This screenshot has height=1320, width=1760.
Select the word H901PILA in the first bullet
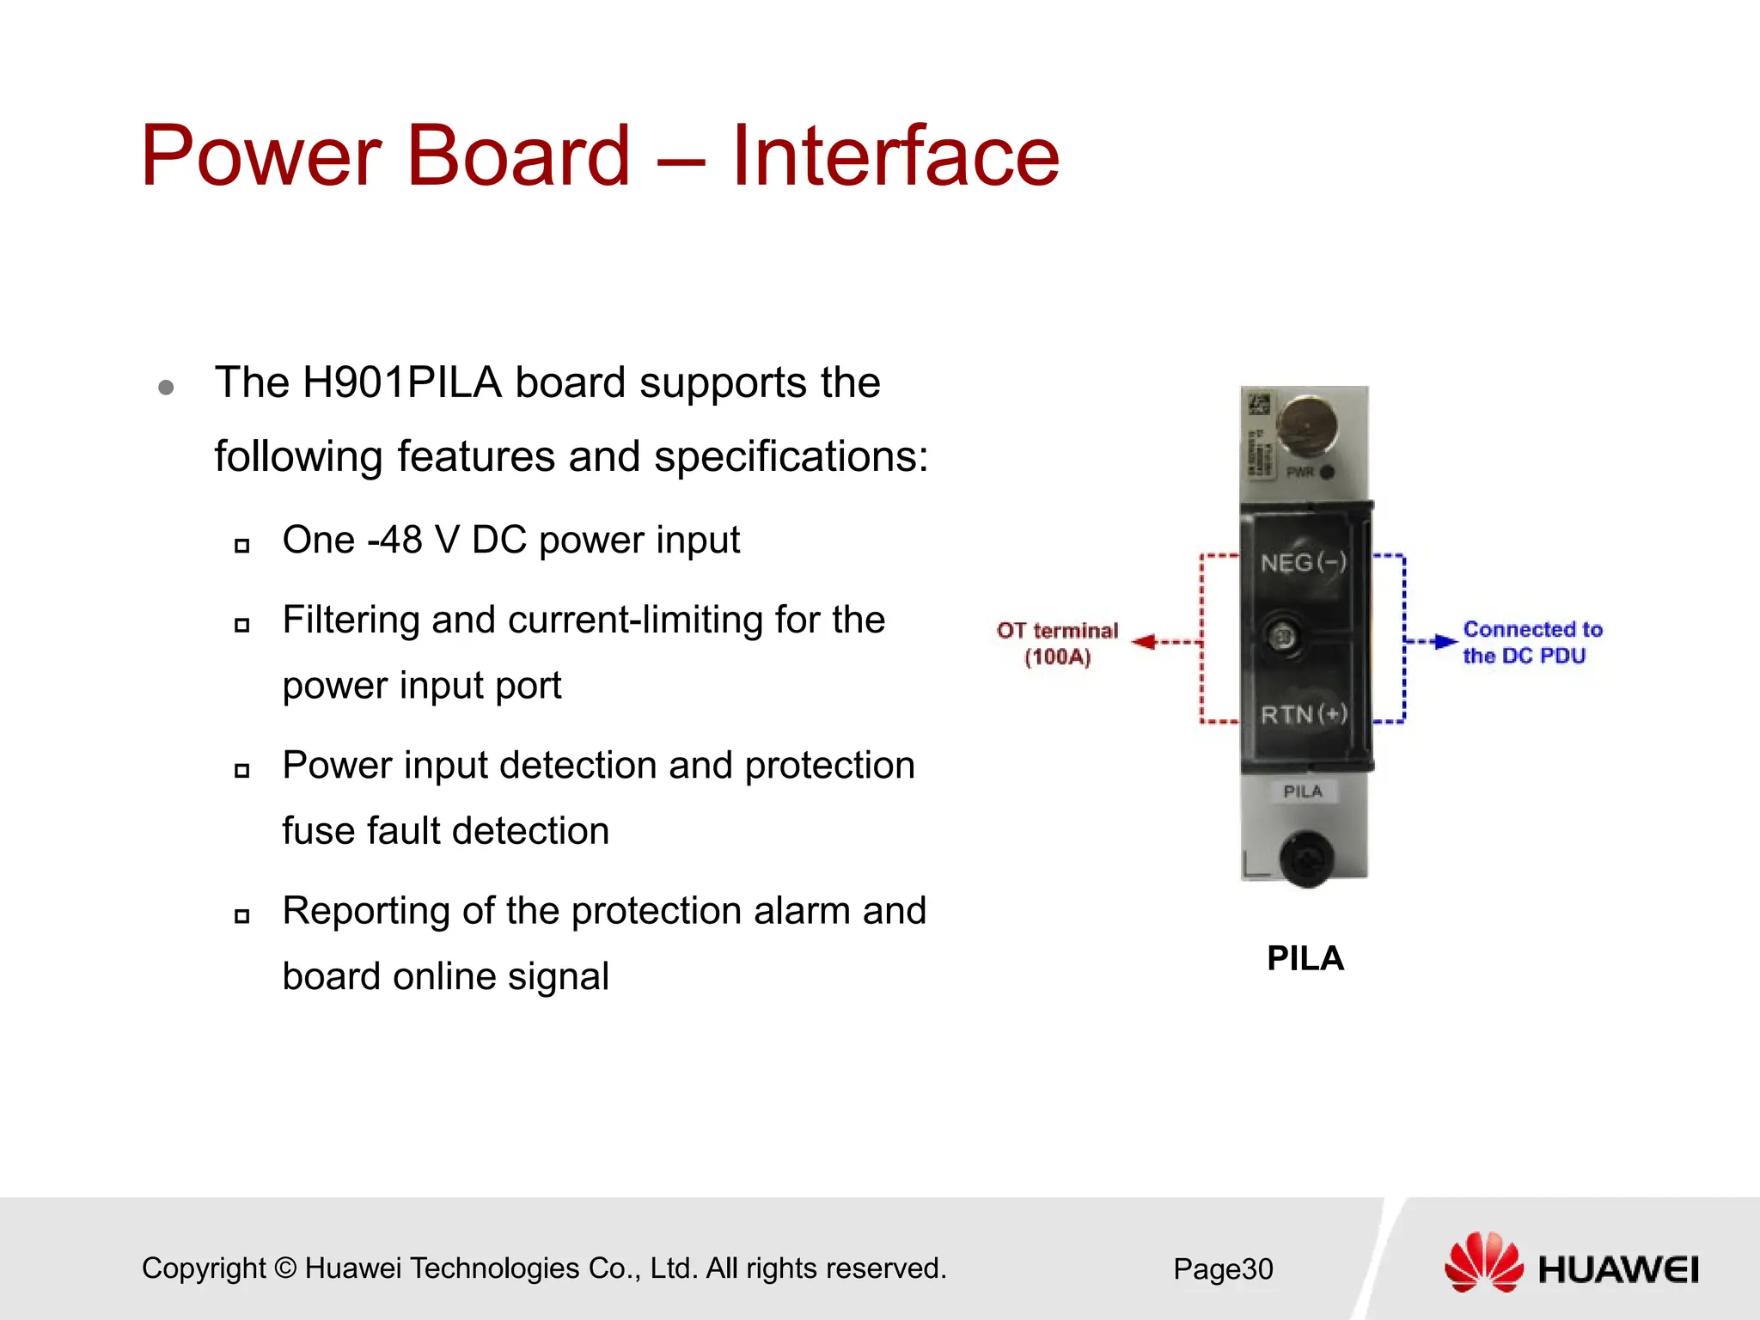402,382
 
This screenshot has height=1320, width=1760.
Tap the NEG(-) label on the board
1303,563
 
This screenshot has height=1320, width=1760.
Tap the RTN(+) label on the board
1303,714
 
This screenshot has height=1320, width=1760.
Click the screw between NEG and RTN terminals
1283,637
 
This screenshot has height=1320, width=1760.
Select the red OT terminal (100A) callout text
1057,644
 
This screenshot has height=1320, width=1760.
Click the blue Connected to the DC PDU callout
1531,642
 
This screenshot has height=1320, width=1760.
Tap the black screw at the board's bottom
1306,859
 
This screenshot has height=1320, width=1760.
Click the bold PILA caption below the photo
1305,958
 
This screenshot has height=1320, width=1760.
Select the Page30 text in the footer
1223,1268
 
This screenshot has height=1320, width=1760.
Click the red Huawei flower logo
1483,1262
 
